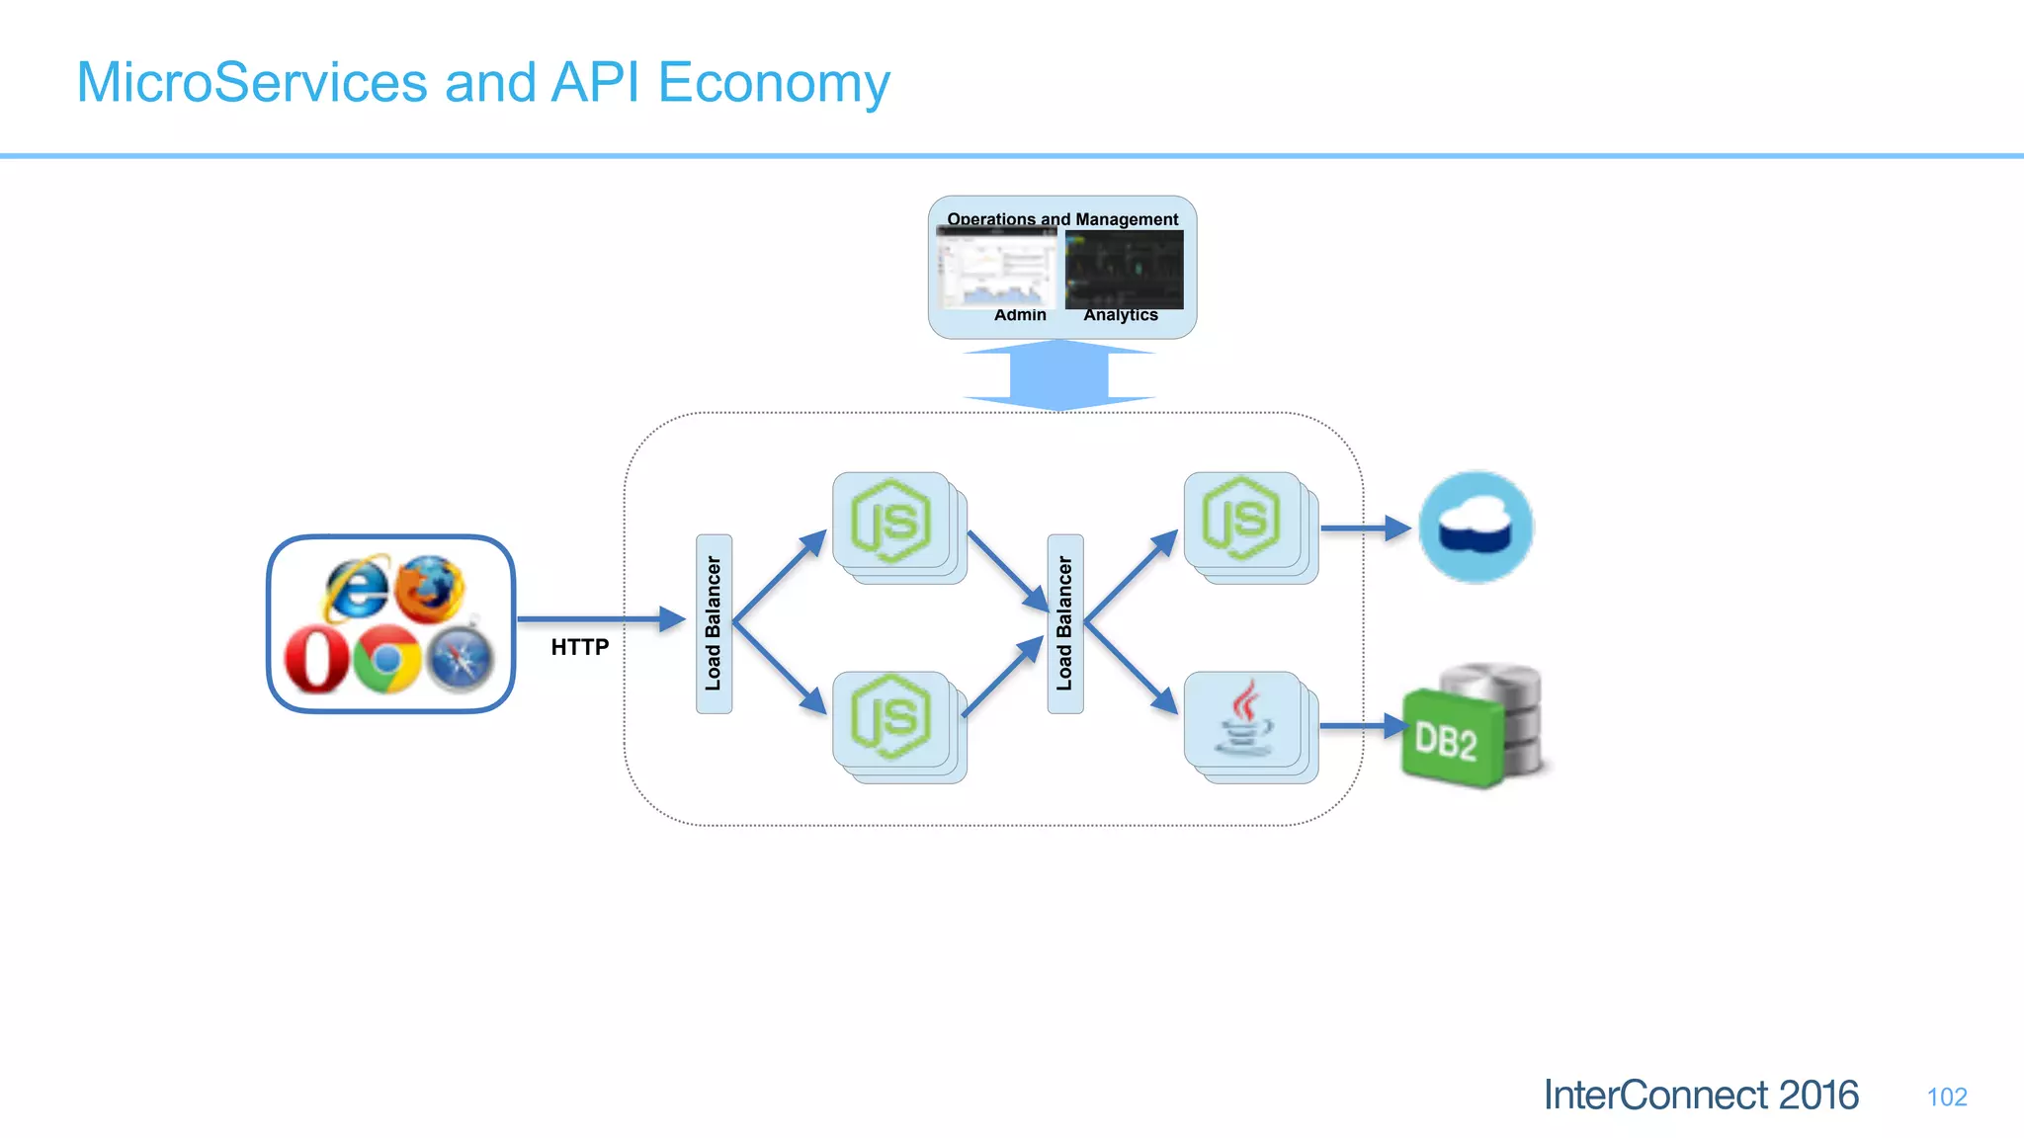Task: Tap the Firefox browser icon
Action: [430, 589]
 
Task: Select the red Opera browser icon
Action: [316, 660]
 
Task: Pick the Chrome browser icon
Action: [386, 659]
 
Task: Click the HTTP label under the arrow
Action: [579, 647]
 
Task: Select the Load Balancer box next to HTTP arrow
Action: [714, 623]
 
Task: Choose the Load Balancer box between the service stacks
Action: [1064, 623]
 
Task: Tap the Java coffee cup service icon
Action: [1244, 720]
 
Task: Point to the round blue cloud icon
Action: [1476, 527]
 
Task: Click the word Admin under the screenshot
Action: [1020, 315]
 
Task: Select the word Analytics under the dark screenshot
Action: [1120, 315]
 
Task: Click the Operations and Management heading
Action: [1062, 218]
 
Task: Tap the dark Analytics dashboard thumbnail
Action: [1124, 269]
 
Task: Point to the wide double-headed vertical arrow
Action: [1058, 374]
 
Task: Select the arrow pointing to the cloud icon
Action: [1365, 528]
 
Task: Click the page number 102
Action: [1946, 1097]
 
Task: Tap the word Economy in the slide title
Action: [773, 83]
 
